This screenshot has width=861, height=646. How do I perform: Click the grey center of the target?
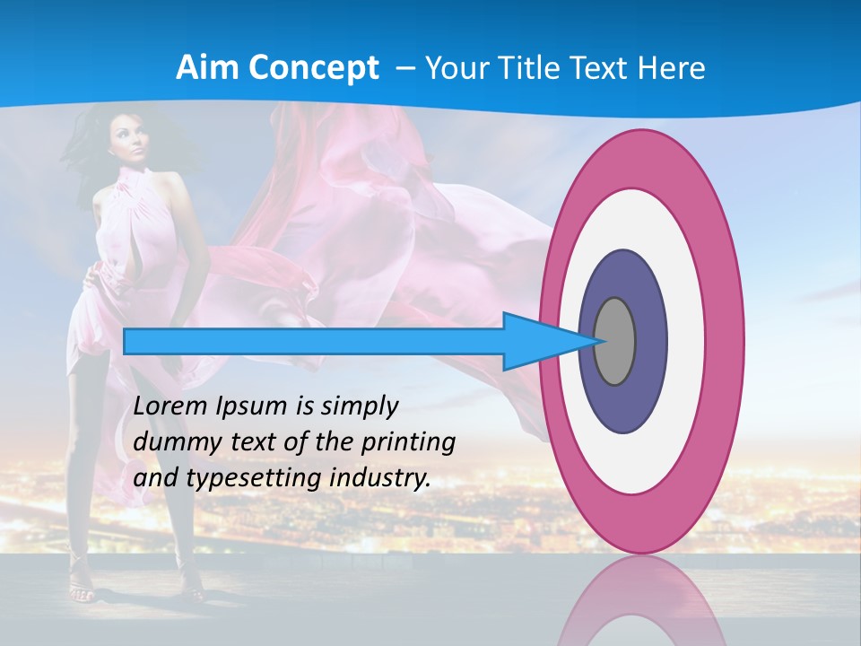click(x=615, y=341)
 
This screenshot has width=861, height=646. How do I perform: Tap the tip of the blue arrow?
click(x=598, y=341)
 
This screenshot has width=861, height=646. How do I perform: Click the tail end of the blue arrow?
click(x=126, y=341)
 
